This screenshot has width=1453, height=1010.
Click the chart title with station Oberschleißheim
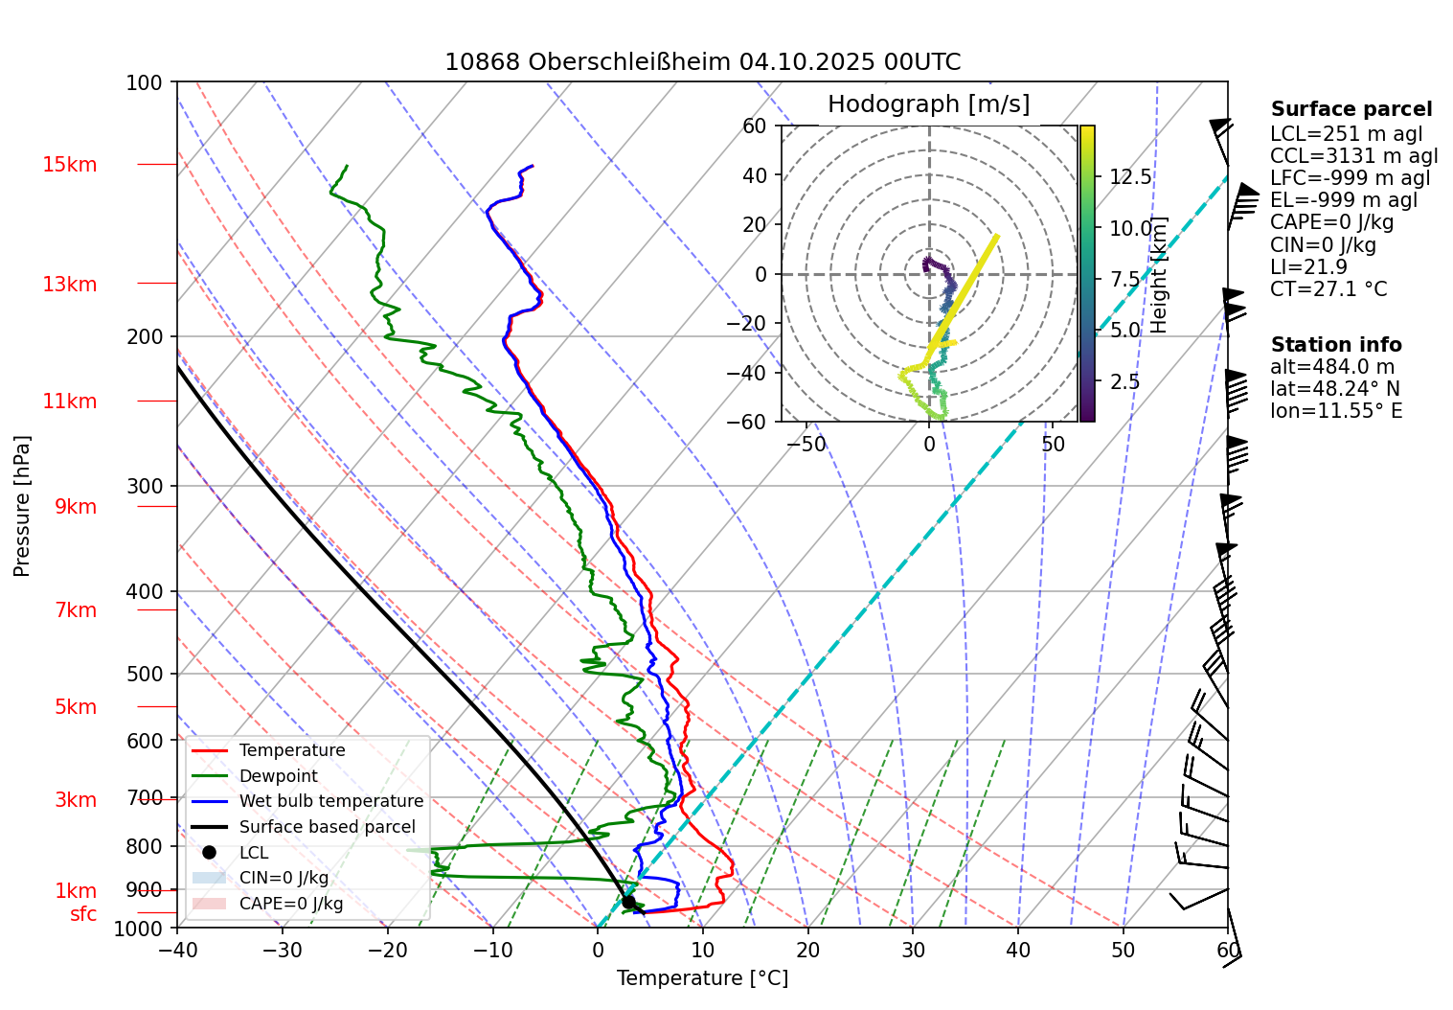(702, 62)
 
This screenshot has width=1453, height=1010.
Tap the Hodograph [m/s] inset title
(928, 104)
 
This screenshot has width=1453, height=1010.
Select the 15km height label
(69, 165)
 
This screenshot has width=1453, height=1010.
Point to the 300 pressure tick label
(145, 486)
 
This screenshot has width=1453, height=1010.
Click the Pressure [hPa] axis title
(22, 506)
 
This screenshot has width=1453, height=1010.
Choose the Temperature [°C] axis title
(702, 978)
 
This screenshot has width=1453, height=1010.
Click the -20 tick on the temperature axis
(387, 951)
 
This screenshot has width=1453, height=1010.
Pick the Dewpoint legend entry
(278, 776)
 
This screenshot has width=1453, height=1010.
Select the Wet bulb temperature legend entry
(330, 801)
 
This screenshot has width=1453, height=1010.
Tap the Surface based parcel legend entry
(327, 827)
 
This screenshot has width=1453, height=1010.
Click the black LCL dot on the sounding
(628, 902)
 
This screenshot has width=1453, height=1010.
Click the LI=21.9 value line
(1308, 267)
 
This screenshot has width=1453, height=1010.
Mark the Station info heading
(1335, 345)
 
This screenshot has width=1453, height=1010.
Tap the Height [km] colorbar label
(1159, 275)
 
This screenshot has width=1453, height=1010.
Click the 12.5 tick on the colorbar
(1130, 177)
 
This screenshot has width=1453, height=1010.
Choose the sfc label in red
(83, 914)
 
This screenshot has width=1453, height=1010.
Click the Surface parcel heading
(1351, 109)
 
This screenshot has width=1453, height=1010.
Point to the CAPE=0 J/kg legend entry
(290, 904)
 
